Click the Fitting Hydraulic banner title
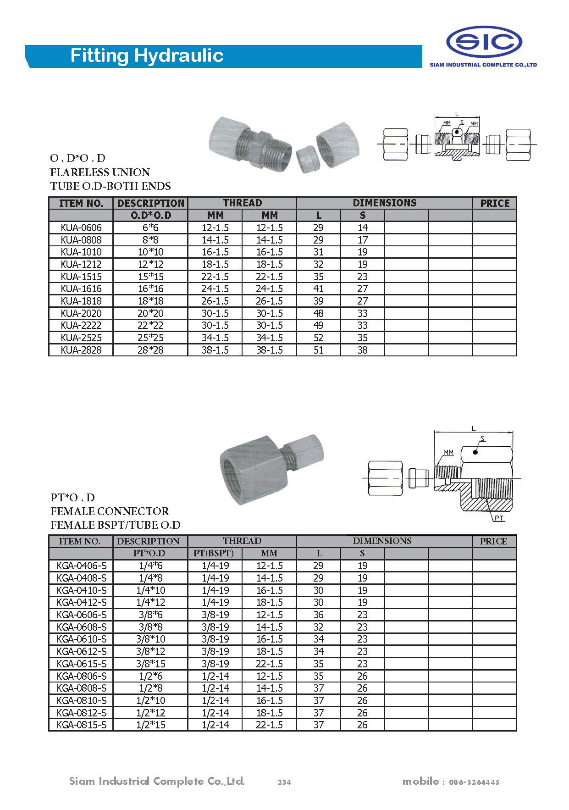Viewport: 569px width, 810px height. (147, 56)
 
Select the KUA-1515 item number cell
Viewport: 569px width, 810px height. (81, 277)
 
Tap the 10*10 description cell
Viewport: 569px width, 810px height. (150, 252)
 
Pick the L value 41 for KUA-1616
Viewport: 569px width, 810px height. (318, 288)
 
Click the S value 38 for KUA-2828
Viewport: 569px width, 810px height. (362, 350)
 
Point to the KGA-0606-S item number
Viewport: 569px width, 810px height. (81, 615)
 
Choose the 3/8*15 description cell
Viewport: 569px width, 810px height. (150, 664)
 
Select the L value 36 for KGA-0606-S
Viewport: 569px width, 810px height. (318, 615)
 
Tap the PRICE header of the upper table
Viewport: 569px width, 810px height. (494, 203)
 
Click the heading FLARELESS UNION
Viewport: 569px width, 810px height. (100, 172)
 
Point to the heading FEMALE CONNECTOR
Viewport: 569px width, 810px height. (109, 511)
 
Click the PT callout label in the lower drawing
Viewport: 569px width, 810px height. (499, 518)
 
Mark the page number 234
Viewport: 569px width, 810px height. (284, 782)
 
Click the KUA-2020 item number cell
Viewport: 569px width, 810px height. (81, 313)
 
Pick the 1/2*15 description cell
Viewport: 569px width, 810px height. (150, 725)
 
